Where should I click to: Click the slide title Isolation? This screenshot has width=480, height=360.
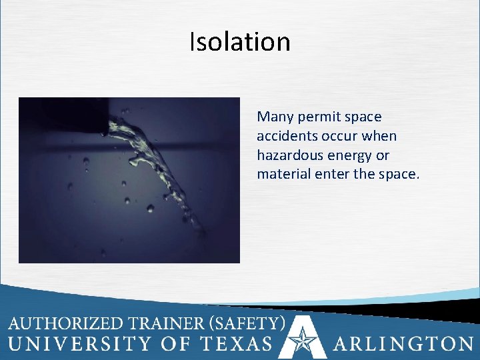[x=240, y=41]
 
